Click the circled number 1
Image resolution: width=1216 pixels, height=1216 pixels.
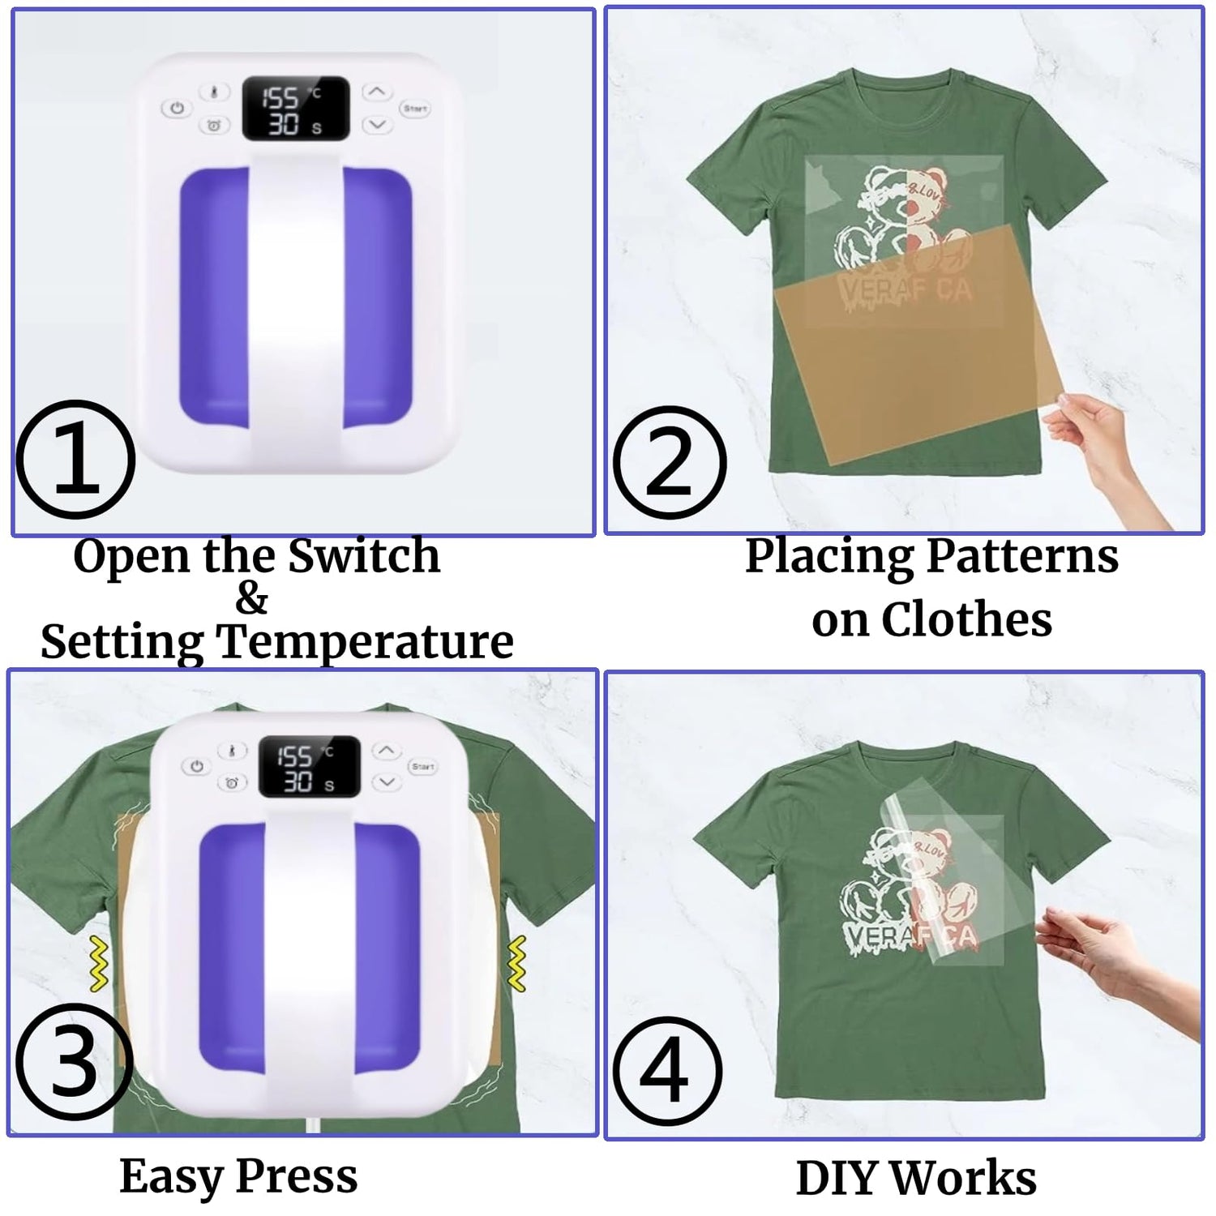(75, 460)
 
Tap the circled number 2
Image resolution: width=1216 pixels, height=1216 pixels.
(669, 463)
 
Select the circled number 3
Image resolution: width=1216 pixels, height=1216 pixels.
(73, 1062)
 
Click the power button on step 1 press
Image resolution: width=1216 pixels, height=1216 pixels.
(177, 108)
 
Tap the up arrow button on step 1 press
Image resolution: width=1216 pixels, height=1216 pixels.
(376, 92)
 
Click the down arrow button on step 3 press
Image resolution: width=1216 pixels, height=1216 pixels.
(387, 782)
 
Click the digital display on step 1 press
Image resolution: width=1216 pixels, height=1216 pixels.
(296, 109)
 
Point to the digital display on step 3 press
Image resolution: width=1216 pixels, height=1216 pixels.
(309, 767)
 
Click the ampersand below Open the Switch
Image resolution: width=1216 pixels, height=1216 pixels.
(252, 599)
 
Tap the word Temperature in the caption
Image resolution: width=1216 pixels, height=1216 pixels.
(365, 642)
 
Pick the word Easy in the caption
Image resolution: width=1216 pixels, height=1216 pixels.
(169, 1176)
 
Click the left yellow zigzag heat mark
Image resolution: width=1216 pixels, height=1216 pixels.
(99, 964)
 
